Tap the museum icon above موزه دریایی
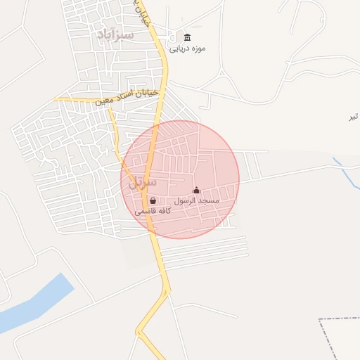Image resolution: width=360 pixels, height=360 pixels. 187,37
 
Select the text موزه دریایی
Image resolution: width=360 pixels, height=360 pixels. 187,49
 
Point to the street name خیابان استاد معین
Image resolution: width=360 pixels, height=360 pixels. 129,97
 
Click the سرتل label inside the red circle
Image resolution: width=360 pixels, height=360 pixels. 143,181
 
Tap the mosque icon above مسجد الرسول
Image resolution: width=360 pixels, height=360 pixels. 196,190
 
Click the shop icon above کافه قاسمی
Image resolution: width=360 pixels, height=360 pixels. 153,200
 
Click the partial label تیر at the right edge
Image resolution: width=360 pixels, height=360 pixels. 354,117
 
